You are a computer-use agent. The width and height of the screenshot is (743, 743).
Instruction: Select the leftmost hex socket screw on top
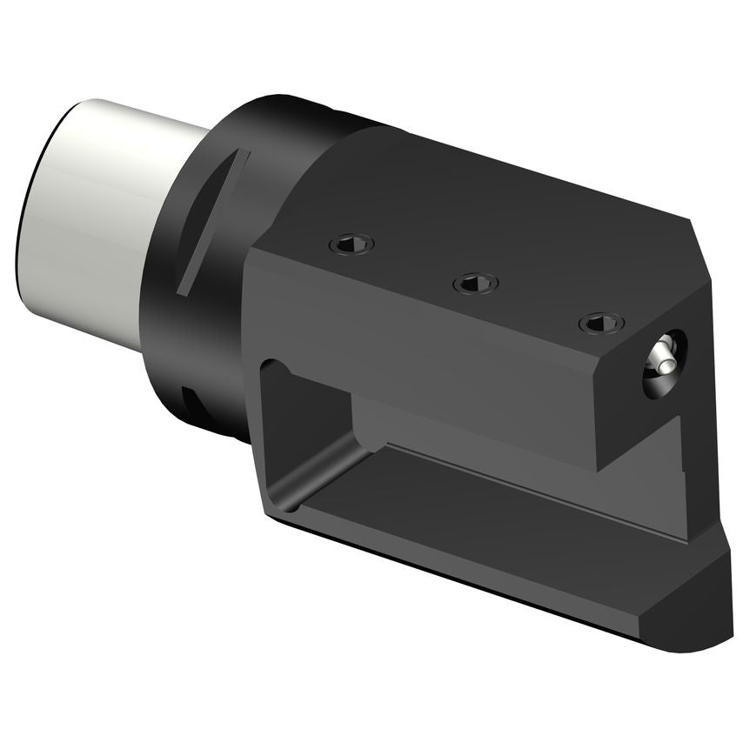tap(351, 244)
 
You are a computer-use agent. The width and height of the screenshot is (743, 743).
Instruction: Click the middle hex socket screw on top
tap(476, 283)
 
